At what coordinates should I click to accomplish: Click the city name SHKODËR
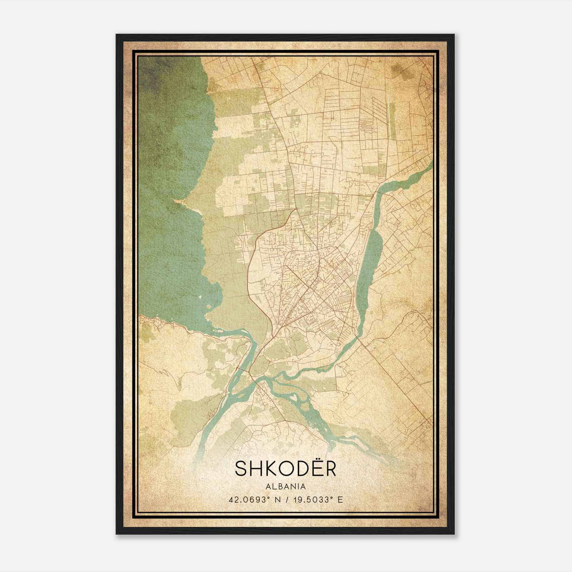[x=286, y=468]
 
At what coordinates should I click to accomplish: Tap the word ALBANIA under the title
[x=286, y=487]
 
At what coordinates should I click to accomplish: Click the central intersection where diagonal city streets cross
[x=310, y=286]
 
